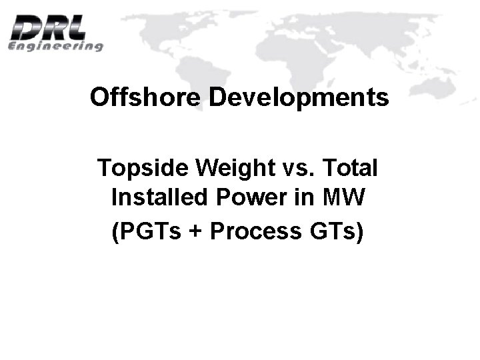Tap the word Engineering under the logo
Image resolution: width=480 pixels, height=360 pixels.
point(56,47)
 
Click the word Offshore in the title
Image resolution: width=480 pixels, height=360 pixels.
point(145,97)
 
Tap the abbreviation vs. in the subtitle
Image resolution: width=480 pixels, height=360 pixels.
point(289,167)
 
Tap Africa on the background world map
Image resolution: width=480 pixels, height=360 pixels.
point(280,73)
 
